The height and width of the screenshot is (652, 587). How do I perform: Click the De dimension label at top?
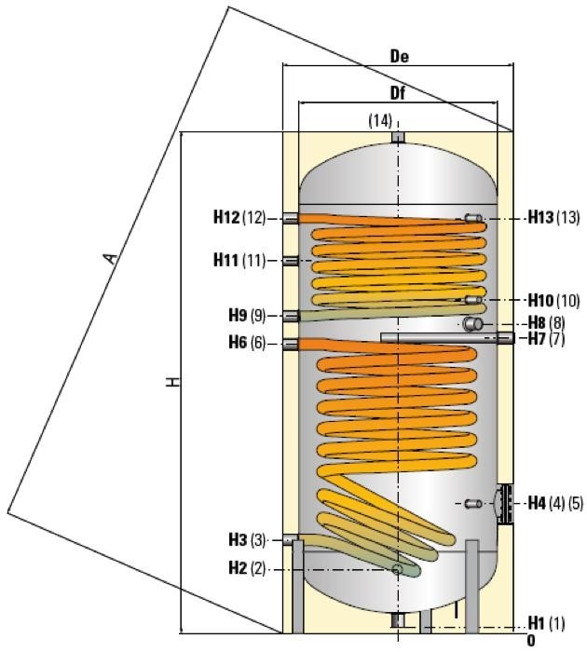point(399,57)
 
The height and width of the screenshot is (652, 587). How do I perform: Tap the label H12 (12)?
point(239,218)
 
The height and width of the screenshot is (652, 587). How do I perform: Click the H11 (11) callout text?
point(239,261)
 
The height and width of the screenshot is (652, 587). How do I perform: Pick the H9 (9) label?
point(246,315)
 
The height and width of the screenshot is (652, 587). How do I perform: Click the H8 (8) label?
point(546,322)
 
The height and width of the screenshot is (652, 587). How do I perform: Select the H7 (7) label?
point(546,339)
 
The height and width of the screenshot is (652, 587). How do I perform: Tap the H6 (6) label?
point(246,344)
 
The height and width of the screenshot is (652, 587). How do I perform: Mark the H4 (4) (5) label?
point(554,504)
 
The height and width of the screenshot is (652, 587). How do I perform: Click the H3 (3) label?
point(246,540)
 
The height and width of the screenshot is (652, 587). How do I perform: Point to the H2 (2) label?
point(246,568)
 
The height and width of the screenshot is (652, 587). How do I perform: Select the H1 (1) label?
point(546,622)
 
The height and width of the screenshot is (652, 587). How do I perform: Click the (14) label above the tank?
point(380,120)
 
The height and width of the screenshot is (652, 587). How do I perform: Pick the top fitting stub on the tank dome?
point(398,137)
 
